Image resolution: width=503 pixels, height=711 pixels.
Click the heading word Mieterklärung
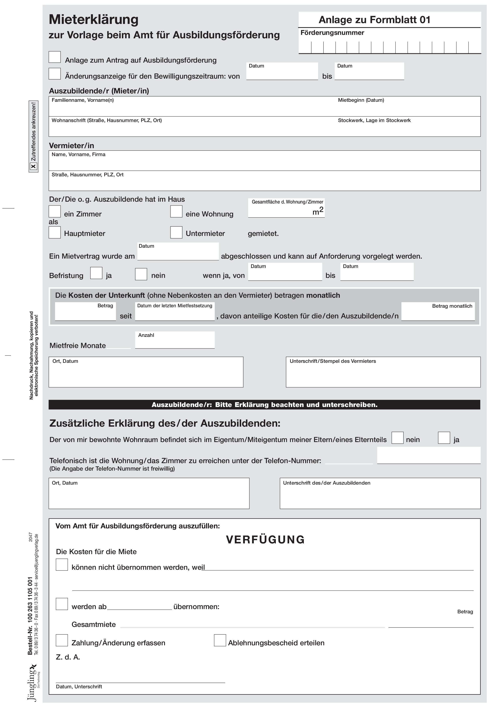tap(94, 19)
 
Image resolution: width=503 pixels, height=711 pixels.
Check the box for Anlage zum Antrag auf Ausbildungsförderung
tap(55, 57)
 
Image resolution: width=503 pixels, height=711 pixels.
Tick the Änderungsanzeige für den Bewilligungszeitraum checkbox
tap(55, 74)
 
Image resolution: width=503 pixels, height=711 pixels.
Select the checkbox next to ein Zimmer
tap(55, 212)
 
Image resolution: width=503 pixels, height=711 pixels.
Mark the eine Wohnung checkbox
tap(176, 212)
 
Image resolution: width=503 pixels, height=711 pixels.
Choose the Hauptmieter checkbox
tap(55, 232)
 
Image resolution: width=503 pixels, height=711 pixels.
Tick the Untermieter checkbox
tap(176, 232)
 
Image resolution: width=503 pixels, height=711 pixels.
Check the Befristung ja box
tap(96, 273)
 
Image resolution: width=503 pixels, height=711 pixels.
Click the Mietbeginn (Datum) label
tap(361, 100)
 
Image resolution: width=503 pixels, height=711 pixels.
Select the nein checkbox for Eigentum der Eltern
tap(398, 438)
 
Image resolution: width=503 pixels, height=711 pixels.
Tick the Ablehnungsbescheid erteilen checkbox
tap(220, 640)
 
